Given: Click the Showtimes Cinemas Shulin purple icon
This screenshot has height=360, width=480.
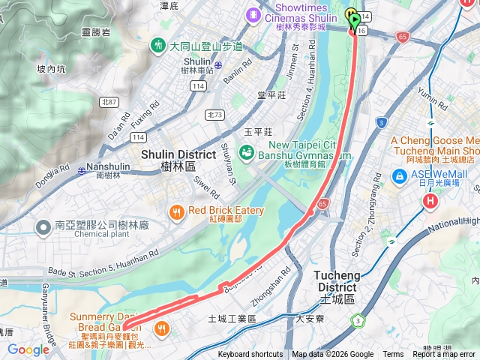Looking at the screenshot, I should pos(254,13).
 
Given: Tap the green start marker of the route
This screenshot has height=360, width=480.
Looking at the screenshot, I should pos(353,22).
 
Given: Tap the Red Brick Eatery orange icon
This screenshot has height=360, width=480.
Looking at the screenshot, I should pos(176,212).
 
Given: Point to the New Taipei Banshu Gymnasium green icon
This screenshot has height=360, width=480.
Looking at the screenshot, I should pos(246,152).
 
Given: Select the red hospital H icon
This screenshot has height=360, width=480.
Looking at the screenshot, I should pos(430,201).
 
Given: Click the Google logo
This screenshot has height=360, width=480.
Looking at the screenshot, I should pos(28,349).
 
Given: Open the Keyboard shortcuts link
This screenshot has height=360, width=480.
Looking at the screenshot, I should pos(250,355).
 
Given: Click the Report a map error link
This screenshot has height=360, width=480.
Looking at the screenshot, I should pos(444,355).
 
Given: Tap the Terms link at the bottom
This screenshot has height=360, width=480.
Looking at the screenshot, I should pos(393,355).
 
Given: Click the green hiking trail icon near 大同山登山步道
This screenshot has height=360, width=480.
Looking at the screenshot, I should pos(158,46).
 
